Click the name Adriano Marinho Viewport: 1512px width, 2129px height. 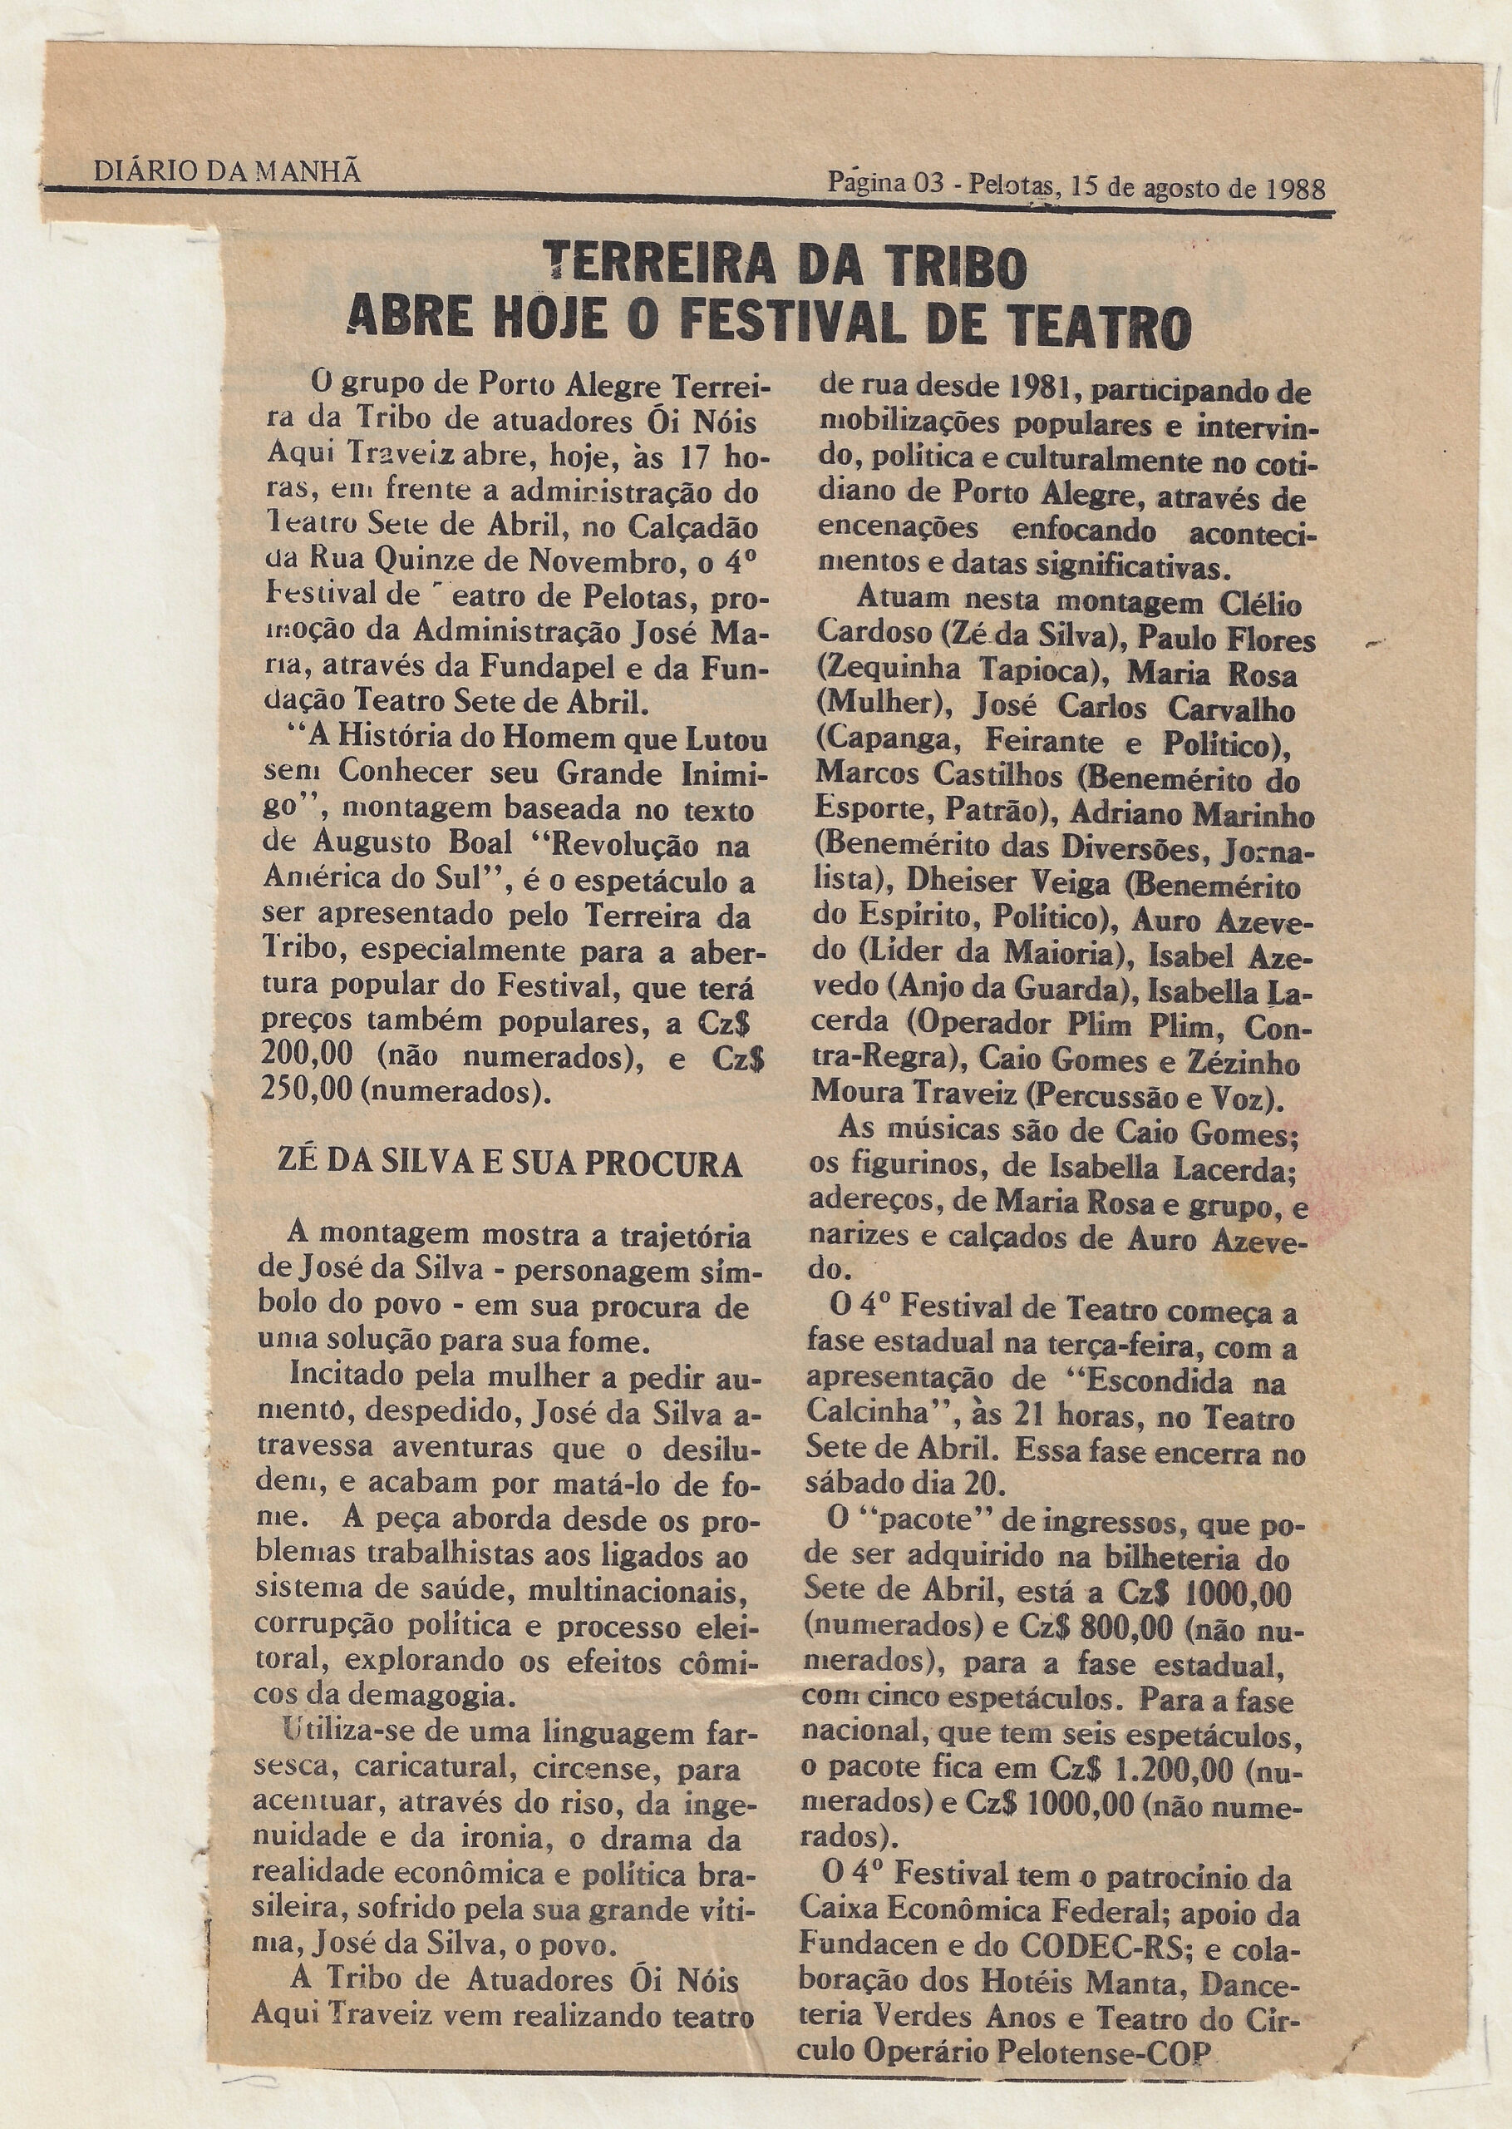click(x=1192, y=814)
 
